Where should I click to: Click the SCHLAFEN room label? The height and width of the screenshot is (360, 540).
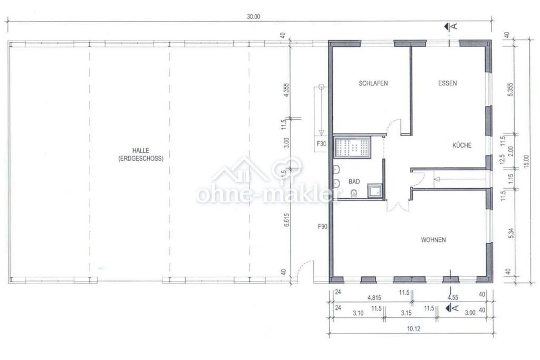click(x=373, y=83)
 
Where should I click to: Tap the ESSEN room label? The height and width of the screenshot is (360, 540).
click(x=447, y=83)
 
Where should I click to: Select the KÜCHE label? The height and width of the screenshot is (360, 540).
click(x=462, y=145)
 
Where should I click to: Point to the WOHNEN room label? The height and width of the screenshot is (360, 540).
click(x=433, y=239)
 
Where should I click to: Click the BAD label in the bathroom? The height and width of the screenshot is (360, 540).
click(x=354, y=181)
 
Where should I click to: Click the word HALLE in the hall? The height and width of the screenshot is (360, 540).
click(x=140, y=150)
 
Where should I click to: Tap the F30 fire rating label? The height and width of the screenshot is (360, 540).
click(x=321, y=144)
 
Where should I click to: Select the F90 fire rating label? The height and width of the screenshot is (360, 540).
click(x=322, y=227)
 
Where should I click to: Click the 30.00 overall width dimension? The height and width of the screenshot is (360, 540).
click(x=254, y=16)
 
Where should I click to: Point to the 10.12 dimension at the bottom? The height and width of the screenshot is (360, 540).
click(x=413, y=329)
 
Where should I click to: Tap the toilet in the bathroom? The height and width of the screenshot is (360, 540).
click(x=353, y=194)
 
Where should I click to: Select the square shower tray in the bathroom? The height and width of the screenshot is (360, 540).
click(x=375, y=191)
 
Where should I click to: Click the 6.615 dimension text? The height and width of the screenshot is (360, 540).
click(x=286, y=220)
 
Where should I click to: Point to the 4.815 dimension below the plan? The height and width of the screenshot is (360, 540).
click(x=374, y=298)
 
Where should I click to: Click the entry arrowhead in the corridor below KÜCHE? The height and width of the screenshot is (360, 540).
click(x=437, y=179)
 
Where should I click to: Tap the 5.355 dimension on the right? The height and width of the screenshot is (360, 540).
click(x=510, y=90)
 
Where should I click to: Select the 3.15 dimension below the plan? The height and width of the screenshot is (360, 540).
click(x=407, y=313)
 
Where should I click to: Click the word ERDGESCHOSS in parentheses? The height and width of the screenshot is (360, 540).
click(x=140, y=159)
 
